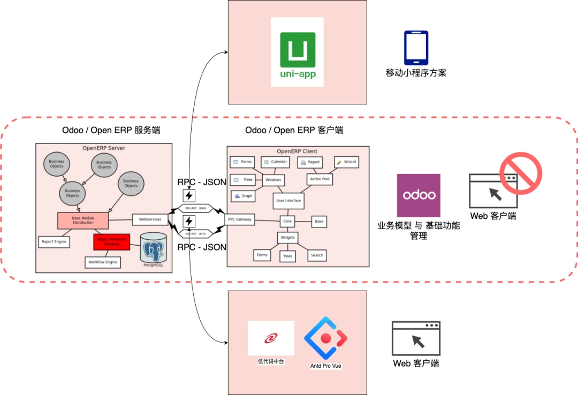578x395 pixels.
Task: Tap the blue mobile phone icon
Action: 416,48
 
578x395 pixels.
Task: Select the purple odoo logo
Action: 419,195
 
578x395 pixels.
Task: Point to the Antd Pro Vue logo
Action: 326,338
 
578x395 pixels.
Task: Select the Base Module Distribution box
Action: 83,221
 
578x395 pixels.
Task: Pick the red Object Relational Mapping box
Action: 112,242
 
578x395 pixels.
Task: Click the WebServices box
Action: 150,219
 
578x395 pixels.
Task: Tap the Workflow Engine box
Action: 103,262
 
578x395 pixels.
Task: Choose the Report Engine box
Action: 54,242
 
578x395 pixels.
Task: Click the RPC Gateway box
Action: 239,219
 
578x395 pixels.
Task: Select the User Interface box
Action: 288,201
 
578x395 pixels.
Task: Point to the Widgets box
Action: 287,238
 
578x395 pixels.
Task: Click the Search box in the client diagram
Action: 317,255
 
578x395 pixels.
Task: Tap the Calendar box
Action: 276,162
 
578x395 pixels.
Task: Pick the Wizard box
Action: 346,162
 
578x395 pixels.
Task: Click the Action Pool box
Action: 320,179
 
